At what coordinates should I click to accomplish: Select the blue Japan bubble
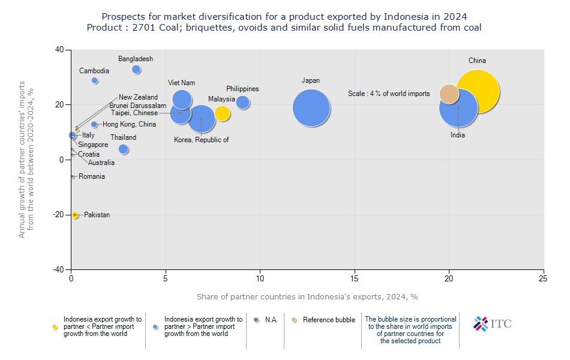(x=311, y=108)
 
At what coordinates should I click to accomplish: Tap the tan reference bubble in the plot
(x=449, y=94)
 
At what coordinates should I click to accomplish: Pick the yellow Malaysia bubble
(x=222, y=113)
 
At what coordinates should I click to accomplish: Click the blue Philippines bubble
(x=242, y=103)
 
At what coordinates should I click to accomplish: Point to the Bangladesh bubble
(x=136, y=70)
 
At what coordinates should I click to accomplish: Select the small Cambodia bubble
(x=95, y=80)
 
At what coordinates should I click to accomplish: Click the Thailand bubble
(x=124, y=149)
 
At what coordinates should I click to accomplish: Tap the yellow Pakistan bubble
(x=75, y=215)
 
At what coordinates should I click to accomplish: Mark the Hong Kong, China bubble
(x=94, y=125)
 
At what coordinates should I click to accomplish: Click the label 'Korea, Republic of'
(x=201, y=140)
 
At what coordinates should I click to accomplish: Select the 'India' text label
(x=458, y=136)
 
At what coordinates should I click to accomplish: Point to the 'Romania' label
(x=92, y=176)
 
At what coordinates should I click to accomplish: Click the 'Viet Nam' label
(x=181, y=83)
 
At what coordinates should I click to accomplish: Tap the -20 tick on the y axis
(x=59, y=215)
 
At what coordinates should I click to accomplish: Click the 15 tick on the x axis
(x=355, y=278)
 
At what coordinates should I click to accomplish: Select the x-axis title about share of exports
(x=307, y=297)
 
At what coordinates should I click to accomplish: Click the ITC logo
(x=493, y=324)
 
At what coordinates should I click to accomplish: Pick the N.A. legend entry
(x=267, y=320)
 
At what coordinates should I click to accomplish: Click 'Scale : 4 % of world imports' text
(x=389, y=94)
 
